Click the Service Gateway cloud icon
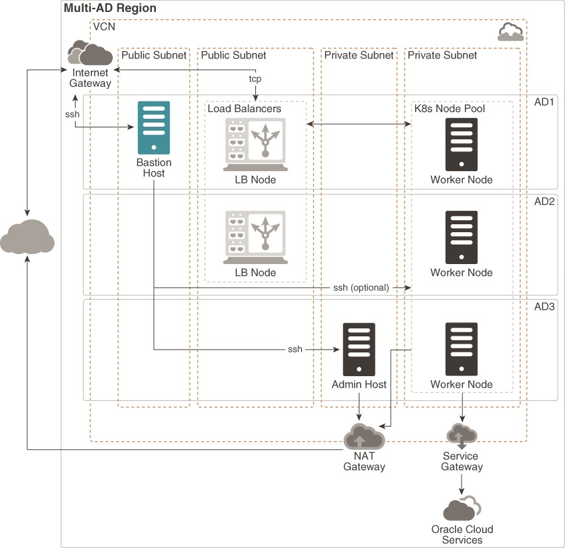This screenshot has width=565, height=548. (x=462, y=435)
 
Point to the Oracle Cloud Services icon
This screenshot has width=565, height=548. (x=462, y=509)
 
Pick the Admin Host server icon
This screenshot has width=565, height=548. (x=359, y=349)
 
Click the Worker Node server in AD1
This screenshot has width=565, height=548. (x=462, y=144)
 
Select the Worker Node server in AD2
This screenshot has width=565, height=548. (x=462, y=237)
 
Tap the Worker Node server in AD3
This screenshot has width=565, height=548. (x=462, y=349)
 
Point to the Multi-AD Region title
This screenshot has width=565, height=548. (x=110, y=9)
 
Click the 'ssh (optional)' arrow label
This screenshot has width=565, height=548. (x=361, y=288)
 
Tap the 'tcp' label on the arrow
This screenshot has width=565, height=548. (x=255, y=79)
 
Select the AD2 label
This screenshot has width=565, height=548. (x=544, y=201)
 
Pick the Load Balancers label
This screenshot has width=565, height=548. (x=245, y=108)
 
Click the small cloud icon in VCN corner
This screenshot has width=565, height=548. (x=509, y=31)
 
